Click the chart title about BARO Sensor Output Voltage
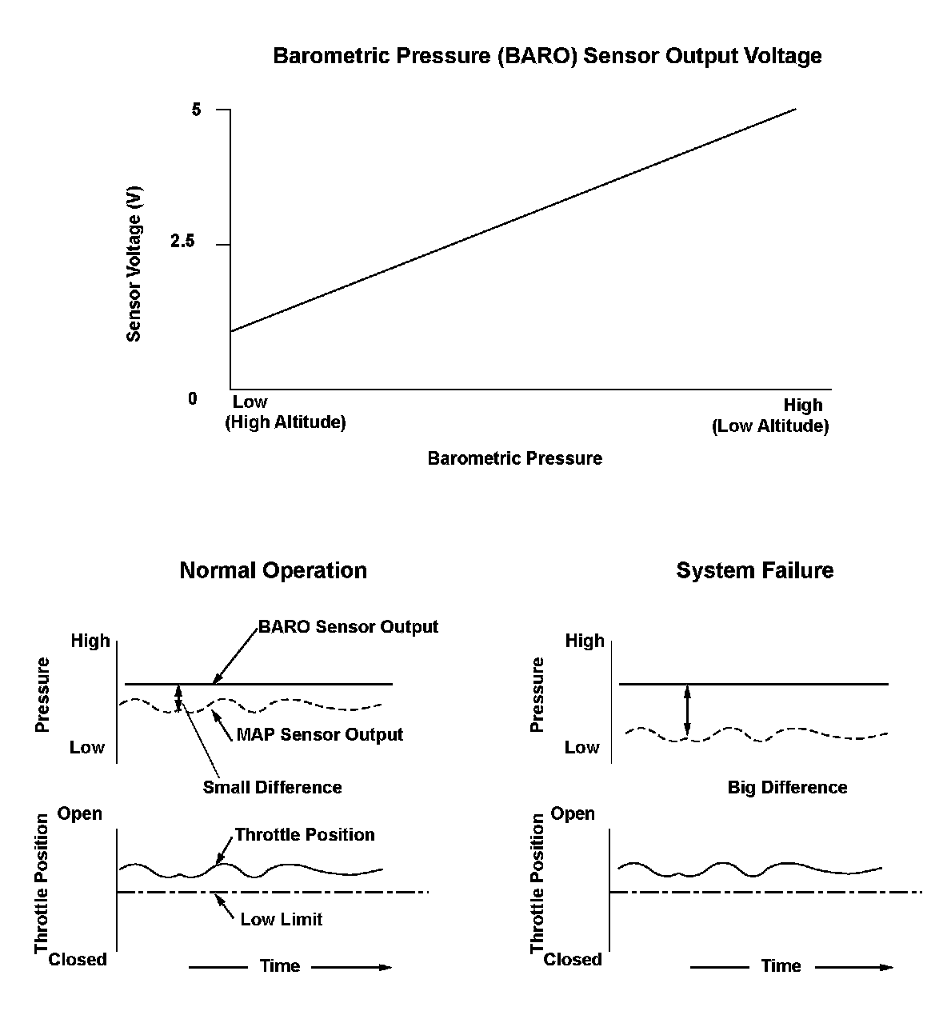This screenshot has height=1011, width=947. click(x=547, y=56)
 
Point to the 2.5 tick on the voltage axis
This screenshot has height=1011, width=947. click(x=182, y=242)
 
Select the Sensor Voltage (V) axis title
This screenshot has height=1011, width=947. click(x=134, y=264)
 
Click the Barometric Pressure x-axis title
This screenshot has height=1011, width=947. click(x=514, y=458)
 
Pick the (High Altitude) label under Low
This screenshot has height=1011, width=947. click(x=286, y=422)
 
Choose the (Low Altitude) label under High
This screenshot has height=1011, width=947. click(x=769, y=426)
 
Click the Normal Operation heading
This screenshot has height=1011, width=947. click(x=273, y=570)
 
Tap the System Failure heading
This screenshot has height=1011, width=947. click(x=754, y=570)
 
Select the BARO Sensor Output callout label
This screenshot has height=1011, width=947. click(x=348, y=626)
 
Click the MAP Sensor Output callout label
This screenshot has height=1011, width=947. click(x=319, y=734)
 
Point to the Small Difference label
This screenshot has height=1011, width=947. click(x=272, y=787)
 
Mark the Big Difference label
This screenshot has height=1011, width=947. click(x=787, y=787)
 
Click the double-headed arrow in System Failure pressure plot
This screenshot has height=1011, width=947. click(x=686, y=710)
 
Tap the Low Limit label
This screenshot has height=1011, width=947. click(x=282, y=919)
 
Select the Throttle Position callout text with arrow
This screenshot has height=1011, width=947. click(x=305, y=834)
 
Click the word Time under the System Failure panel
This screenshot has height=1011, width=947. click(x=781, y=966)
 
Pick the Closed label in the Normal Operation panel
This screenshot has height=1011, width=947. click(x=78, y=959)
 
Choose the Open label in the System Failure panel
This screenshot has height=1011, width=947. click(x=573, y=813)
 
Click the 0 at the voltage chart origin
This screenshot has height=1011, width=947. click(x=192, y=398)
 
